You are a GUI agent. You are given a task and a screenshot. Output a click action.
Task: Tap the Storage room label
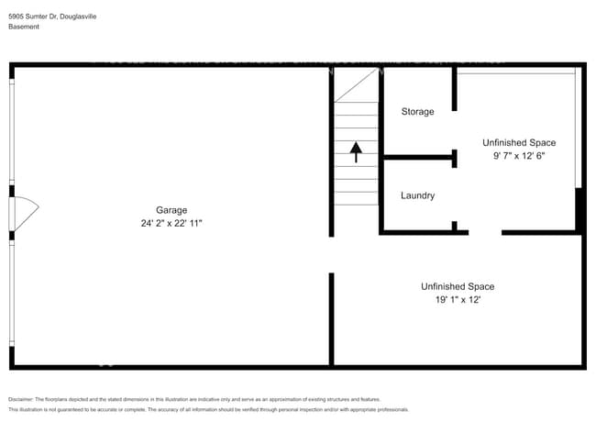point(417,112)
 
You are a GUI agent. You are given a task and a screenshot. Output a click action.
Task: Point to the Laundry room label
point(417,195)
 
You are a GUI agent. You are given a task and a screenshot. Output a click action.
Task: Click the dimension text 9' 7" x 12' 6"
point(519,156)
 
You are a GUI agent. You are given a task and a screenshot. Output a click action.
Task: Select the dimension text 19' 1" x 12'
point(458,300)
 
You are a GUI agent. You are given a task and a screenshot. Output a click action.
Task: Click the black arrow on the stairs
point(356,150)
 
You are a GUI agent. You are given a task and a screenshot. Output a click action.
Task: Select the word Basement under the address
point(24,27)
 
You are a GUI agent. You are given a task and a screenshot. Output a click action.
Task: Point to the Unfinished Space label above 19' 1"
point(458,286)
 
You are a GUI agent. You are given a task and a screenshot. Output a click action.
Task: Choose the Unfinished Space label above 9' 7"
point(519,142)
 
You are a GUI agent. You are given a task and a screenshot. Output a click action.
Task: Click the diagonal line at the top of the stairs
point(356,84)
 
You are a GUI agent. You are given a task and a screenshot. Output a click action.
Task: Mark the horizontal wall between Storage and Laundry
point(418,158)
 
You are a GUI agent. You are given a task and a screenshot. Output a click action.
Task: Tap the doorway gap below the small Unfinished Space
point(485,232)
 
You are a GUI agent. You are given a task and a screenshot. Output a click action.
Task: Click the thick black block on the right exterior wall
point(579,209)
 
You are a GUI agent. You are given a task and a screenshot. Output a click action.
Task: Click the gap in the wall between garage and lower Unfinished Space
point(332,254)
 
